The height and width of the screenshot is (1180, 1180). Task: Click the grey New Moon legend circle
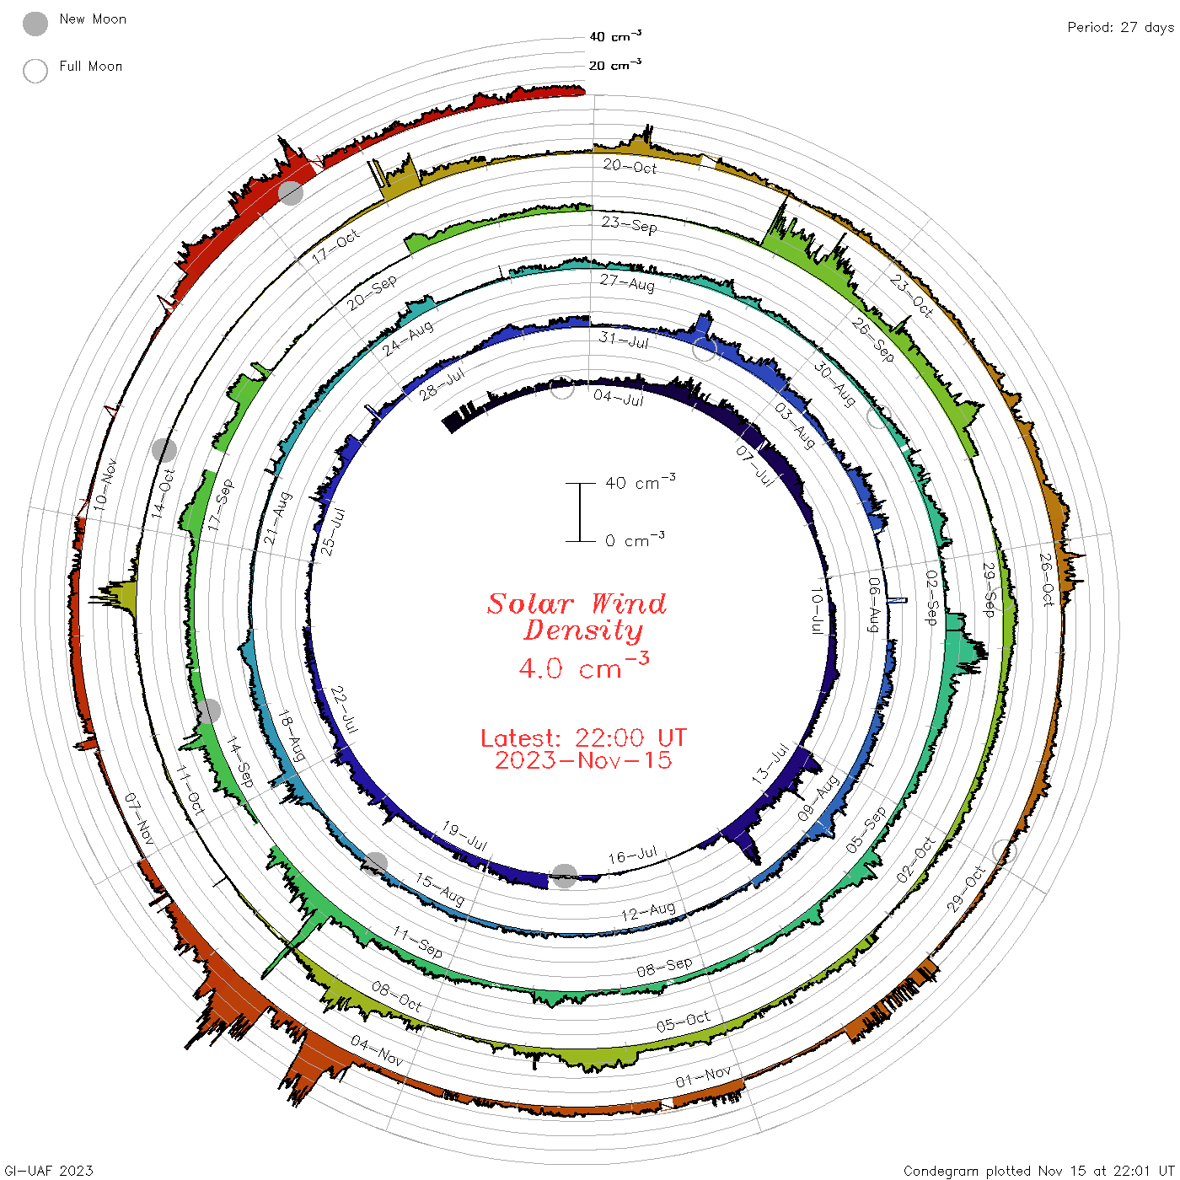35,24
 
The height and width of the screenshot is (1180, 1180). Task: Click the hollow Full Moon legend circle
35,71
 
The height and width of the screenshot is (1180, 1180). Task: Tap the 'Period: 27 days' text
1121,28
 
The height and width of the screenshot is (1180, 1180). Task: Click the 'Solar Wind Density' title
577,617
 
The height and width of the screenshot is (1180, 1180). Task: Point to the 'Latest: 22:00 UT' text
583,737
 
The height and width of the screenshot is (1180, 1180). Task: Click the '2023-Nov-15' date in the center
583,760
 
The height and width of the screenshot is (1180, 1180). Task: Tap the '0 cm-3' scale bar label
635,539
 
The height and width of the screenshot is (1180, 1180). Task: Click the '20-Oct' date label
630,166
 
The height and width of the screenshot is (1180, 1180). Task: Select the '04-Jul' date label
619,398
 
